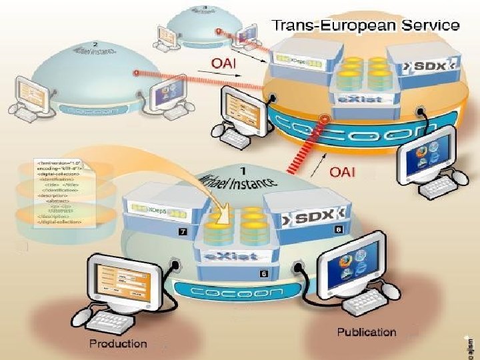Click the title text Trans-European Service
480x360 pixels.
pyautogui.click(x=365, y=26)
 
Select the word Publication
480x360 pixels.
pyautogui.click(x=366, y=332)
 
